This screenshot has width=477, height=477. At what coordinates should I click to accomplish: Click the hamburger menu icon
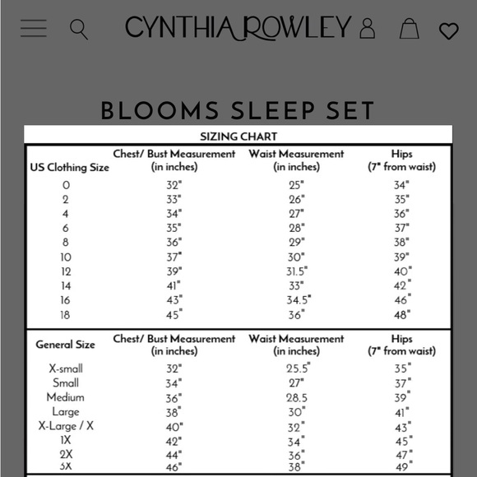click(x=34, y=29)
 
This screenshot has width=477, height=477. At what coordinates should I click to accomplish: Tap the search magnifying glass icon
click(x=79, y=30)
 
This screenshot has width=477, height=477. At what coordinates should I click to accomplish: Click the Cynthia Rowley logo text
click(x=238, y=28)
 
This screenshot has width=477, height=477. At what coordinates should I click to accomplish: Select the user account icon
click(x=367, y=30)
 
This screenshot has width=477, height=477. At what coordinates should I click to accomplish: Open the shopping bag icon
click(x=409, y=30)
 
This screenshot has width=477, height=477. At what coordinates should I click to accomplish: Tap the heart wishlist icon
click(x=448, y=31)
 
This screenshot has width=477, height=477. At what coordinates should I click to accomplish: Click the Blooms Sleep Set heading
click(x=238, y=110)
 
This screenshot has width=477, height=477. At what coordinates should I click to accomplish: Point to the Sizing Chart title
click(x=238, y=137)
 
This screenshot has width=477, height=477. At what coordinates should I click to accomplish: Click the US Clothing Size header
click(x=70, y=167)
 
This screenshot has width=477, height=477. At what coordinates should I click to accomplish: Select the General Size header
click(x=65, y=345)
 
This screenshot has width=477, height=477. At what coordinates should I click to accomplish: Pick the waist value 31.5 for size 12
click(x=296, y=271)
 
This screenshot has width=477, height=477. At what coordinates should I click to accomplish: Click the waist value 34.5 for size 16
click(x=296, y=300)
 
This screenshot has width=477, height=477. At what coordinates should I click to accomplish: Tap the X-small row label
click(x=60, y=368)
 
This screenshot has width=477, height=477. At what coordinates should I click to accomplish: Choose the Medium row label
click(x=65, y=397)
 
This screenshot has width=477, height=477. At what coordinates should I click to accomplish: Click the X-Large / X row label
click(x=66, y=425)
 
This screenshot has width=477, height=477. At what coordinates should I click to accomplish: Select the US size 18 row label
click(x=65, y=314)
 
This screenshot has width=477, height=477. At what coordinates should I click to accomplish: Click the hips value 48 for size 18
click(x=402, y=314)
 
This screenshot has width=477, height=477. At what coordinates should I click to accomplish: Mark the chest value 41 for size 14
click(x=174, y=285)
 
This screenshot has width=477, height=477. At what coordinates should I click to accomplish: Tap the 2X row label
click(x=66, y=453)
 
